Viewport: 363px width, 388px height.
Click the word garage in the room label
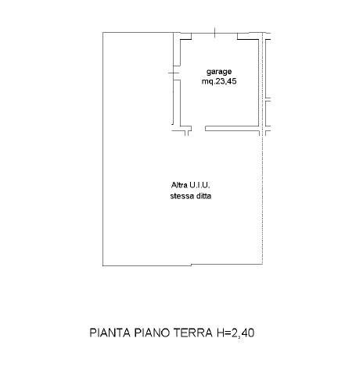pyautogui.click(x=219, y=72)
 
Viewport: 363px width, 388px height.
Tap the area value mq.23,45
pyautogui.click(x=219, y=81)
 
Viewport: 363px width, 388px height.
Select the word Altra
pyautogui.click(x=179, y=185)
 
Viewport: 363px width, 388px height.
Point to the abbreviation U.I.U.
pyautogui.click(x=199, y=185)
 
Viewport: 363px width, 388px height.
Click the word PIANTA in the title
pyautogui.click(x=110, y=333)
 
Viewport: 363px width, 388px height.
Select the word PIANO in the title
pyautogui.click(x=152, y=333)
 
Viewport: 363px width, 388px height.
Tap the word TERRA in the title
pyautogui.click(x=193, y=333)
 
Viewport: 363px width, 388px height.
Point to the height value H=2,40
pyautogui.click(x=235, y=333)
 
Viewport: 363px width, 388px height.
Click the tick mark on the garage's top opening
pyautogui.click(x=214, y=33)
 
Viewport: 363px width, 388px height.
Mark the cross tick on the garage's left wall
pyautogui.click(x=174, y=73)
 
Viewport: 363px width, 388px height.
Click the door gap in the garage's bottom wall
pyautogui.click(x=198, y=128)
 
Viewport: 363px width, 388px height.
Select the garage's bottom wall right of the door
pyautogui.click(x=232, y=128)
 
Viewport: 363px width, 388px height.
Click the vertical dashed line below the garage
pyautogui.click(x=262, y=200)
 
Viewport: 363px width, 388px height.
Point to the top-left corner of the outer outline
pyautogui.click(x=102, y=32)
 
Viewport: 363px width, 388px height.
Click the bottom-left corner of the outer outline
pyautogui.click(x=102, y=265)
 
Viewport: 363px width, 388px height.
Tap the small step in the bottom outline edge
pyautogui.click(x=191, y=265)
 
